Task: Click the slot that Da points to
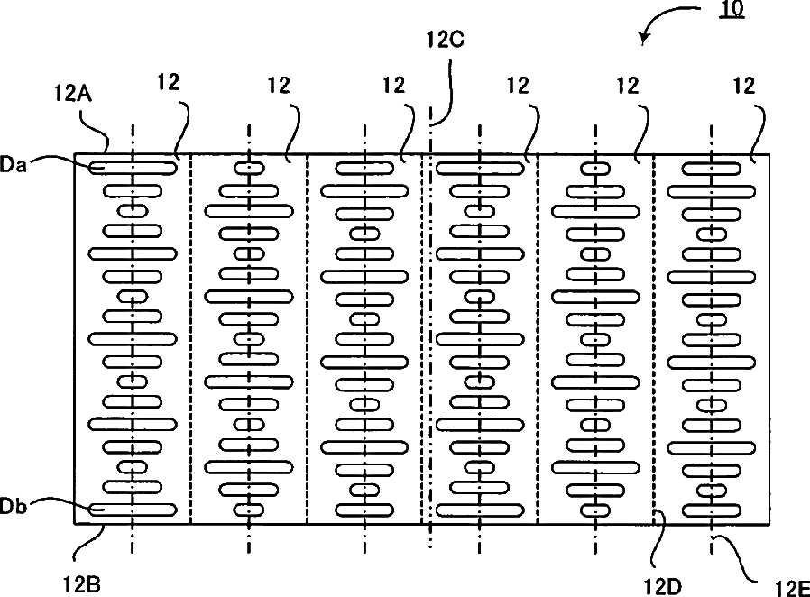point(133,168)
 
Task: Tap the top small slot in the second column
point(249,168)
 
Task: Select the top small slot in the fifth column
point(595,168)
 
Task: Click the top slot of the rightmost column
point(711,168)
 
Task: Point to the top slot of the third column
point(364,168)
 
